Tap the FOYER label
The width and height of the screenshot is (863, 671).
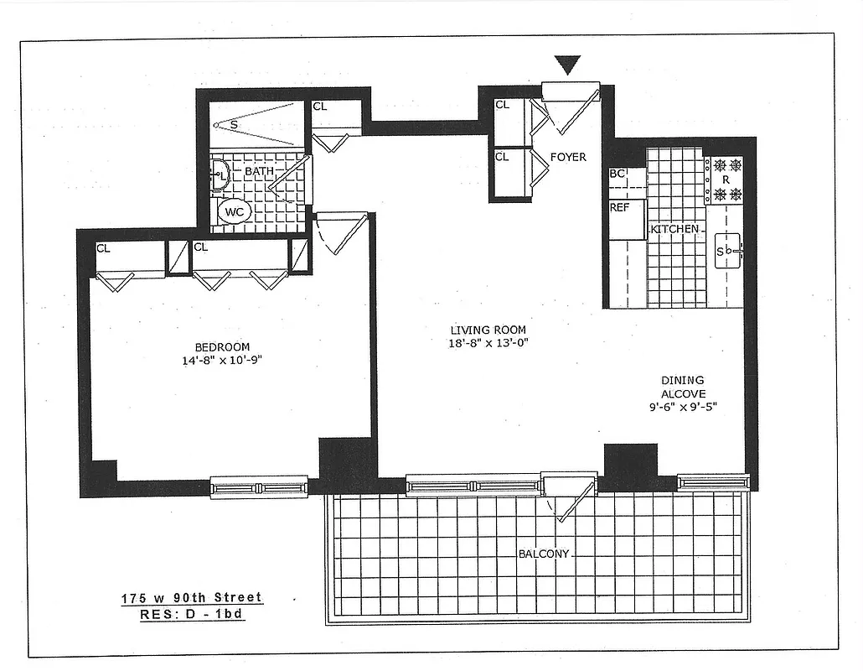pyautogui.click(x=568, y=157)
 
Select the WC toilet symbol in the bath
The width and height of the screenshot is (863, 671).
pyautogui.click(x=234, y=212)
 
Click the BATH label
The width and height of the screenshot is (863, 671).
pyautogui.click(x=259, y=172)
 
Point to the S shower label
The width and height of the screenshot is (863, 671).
pyautogui.click(x=234, y=125)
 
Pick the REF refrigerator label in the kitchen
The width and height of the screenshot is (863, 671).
pyautogui.click(x=619, y=207)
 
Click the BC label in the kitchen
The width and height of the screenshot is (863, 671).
pyautogui.click(x=618, y=174)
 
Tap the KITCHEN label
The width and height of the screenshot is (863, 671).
pyautogui.click(x=674, y=229)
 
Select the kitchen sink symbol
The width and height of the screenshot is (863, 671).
pyautogui.click(x=726, y=251)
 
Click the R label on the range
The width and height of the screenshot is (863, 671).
pyautogui.click(x=726, y=179)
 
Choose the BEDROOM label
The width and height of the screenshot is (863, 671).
pyautogui.click(x=222, y=347)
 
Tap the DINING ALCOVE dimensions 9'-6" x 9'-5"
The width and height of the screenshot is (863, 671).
pyautogui.click(x=681, y=407)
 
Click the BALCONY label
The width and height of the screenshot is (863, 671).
pyautogui.click(x=544, y=554)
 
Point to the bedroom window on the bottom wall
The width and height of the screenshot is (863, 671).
pyautogui.click(x=258, y=486)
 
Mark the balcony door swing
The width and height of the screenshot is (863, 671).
pyautogui.click(x=566, y=500)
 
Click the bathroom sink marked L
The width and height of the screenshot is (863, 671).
pyautogui.click(x=220, y=175)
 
